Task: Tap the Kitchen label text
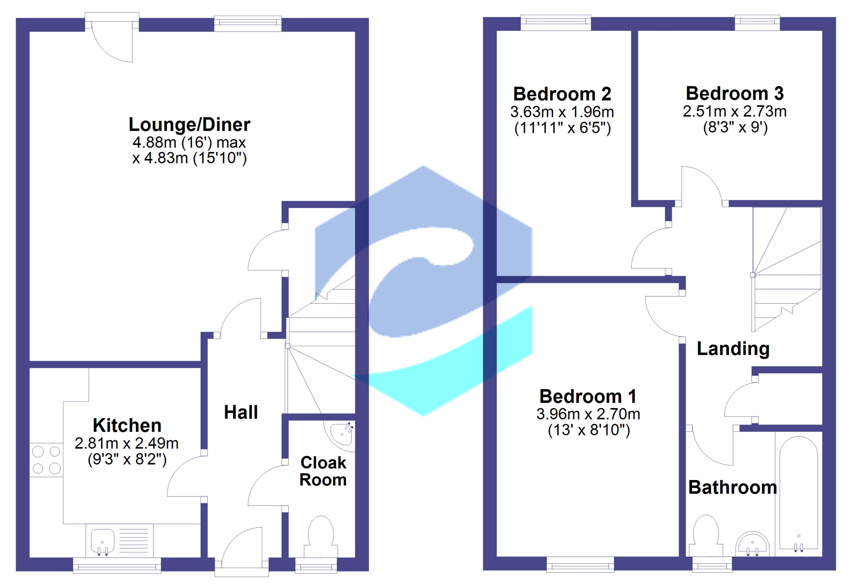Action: [127, 426]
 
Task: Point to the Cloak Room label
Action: [323, 471]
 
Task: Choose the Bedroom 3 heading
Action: [735, 93]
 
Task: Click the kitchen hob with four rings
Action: [46, 460]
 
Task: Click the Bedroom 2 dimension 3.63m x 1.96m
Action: [562, 112]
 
